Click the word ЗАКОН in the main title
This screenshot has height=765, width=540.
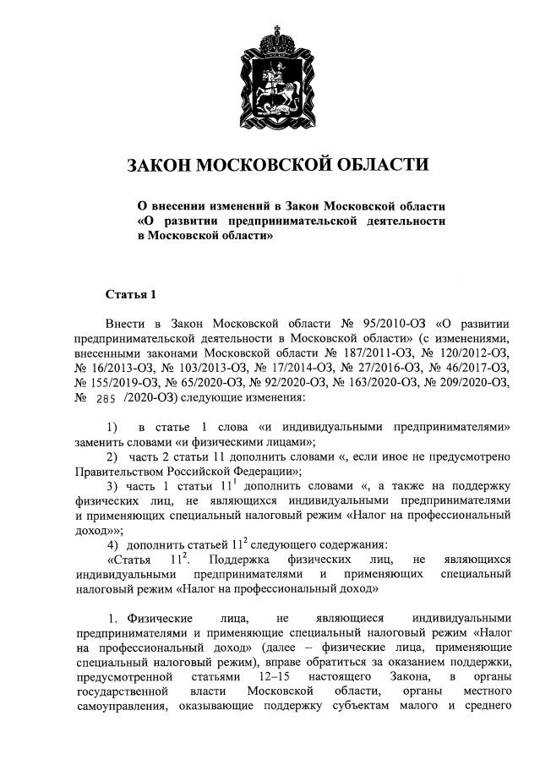point(158,164)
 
